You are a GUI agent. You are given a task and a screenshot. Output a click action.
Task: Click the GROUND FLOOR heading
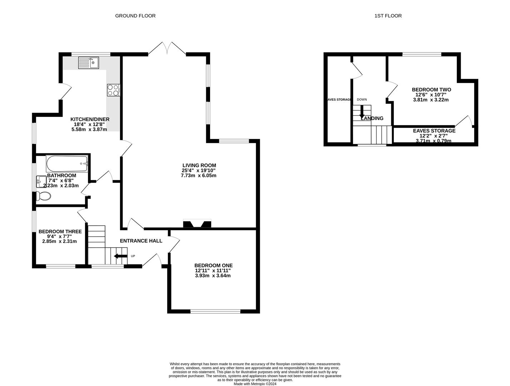coord(135,16)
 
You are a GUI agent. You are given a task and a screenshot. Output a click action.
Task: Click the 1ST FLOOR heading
coord(388,16)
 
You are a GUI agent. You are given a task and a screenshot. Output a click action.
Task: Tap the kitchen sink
coord(89,63)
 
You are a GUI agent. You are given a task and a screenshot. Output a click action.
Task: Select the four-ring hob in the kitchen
coord(113,90)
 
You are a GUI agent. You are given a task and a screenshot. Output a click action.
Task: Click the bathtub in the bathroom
coord(67,164)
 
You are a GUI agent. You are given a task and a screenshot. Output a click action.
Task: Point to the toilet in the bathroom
coord(43,196)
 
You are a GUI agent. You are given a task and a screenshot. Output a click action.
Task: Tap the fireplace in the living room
coord(197,224)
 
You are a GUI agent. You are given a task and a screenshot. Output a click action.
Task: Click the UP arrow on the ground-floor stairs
coord(120,256)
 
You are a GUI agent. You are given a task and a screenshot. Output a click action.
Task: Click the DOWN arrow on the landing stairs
coord(362,112)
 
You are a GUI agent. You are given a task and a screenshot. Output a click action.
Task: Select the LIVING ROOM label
coord(199,165)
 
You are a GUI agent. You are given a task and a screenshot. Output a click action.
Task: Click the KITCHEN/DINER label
coord(90,119)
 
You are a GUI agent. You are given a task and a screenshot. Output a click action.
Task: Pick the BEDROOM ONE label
coord(213,266)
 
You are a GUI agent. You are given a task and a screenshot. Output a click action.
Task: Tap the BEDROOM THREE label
coord(60,232)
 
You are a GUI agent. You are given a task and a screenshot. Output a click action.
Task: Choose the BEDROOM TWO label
coord(431,90)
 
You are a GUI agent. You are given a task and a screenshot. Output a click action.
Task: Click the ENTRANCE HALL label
coord(141,241)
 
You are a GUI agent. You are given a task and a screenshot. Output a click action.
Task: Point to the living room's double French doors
coord(167,49)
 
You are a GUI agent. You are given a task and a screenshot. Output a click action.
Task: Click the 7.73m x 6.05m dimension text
coord(199,175)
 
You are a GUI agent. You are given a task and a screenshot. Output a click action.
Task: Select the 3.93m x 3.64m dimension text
coord(213,276)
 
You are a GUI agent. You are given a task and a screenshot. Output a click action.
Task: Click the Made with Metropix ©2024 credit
coord(255,384)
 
